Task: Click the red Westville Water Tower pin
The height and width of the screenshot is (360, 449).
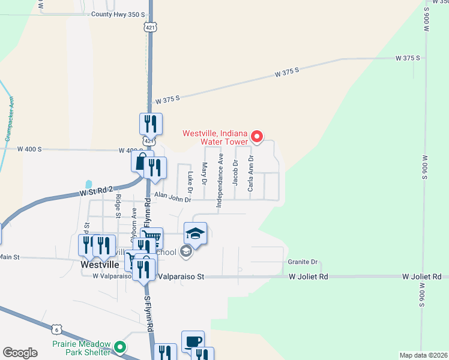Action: (x=257, y=137)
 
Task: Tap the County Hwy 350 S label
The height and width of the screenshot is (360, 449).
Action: (x=118, y=14)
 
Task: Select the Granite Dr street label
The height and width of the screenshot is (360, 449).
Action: (x=302, y=262)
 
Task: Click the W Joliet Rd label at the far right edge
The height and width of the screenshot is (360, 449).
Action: (x=424, y=277)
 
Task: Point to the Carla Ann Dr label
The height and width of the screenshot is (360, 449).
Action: (x=251, y=174)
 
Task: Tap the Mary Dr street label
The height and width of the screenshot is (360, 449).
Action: (x=205, y=173)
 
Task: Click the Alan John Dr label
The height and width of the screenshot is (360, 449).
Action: (x=172, y=196)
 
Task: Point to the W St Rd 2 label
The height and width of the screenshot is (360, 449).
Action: (x=97, y=191)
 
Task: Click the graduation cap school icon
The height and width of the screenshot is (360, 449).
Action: (x=195, y=233)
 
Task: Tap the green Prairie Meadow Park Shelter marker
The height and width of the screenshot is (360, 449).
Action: (x=120, y=346)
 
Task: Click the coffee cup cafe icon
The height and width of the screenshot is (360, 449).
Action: (x=193, y=341)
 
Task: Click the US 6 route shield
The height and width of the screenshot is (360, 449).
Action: (x=56, y=329)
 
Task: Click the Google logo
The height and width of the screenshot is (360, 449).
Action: (x=20, y=353)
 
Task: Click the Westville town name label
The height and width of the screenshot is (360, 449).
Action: (x=98, y=263)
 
